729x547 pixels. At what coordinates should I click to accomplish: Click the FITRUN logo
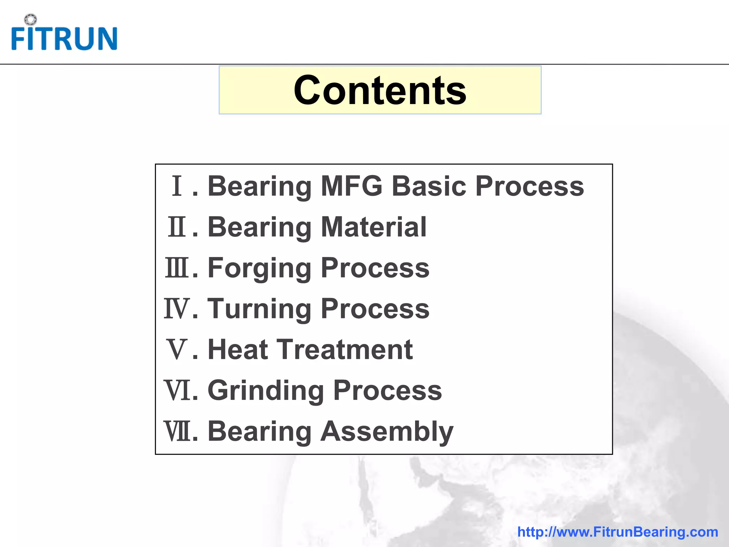[64, 37]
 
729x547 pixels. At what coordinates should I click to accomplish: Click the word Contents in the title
[380, 90]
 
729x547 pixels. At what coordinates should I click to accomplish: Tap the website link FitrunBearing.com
[618, 532]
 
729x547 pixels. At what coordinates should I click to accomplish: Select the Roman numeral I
[177, 186]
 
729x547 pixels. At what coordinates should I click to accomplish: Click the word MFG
[351, 186]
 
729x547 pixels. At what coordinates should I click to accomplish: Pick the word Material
[373, 227]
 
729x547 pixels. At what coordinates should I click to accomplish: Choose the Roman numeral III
[177, 268]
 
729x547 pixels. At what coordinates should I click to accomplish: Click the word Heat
[237, 349]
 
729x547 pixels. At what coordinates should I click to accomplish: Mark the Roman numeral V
[177, 350]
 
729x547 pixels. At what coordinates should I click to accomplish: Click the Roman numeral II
[177, 227]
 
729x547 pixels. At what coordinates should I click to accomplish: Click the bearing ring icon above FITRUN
[31, 20]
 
